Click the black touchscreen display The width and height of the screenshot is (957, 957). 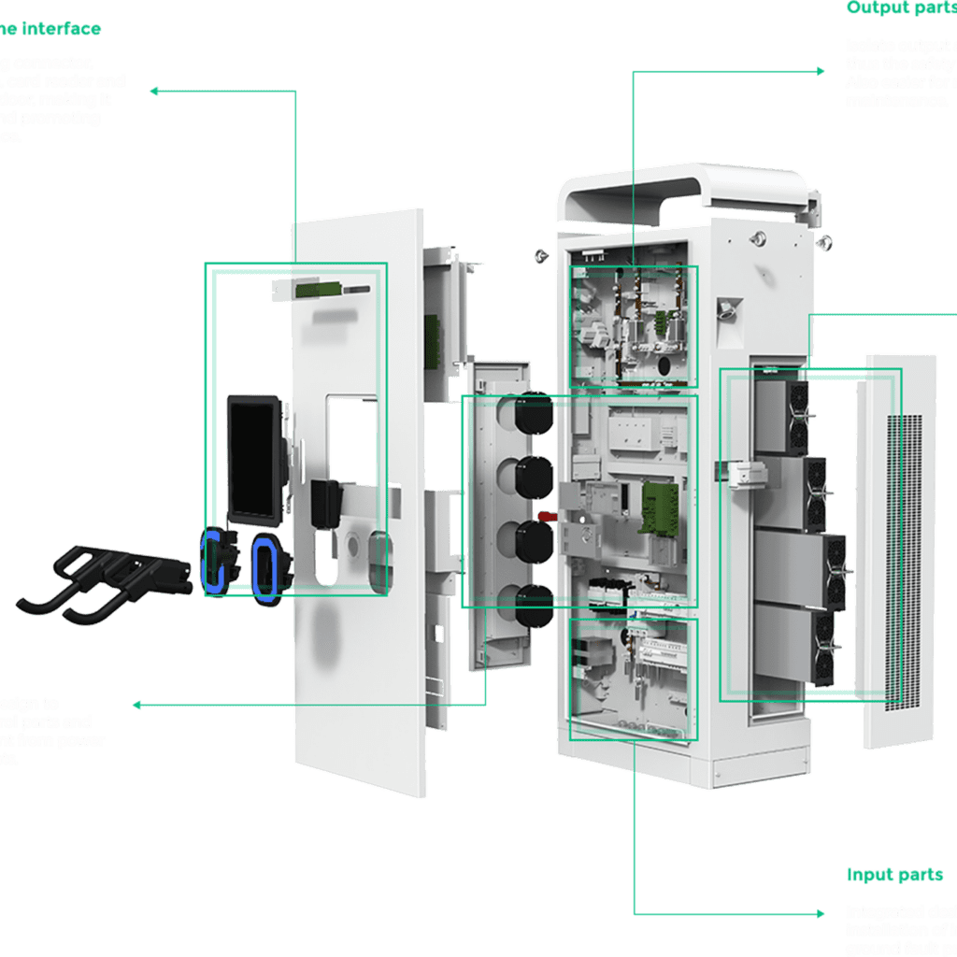point(253,458)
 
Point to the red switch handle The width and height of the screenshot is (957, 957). point(548,516)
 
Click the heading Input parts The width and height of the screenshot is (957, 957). point(894,876)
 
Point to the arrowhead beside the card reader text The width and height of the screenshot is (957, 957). point(154,91)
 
